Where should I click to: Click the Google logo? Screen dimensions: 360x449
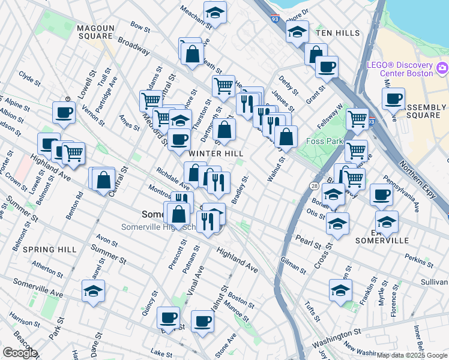pos(20,353)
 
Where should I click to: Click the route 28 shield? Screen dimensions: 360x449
pos(314,187)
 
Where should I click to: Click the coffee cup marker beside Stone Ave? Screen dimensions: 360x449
pos(202,321)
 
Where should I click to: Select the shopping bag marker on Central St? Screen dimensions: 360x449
pos(104,178)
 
